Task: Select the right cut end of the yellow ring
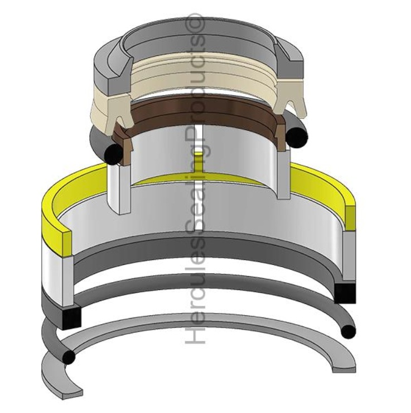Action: pyautogui.click(x=350, y=215)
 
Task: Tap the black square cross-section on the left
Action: pyautogui.click(x=71, y=317)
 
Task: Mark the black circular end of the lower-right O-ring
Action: pyautogui.click(x=348, y=332)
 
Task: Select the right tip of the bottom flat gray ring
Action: pyautogui.click(x=344, y=368)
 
